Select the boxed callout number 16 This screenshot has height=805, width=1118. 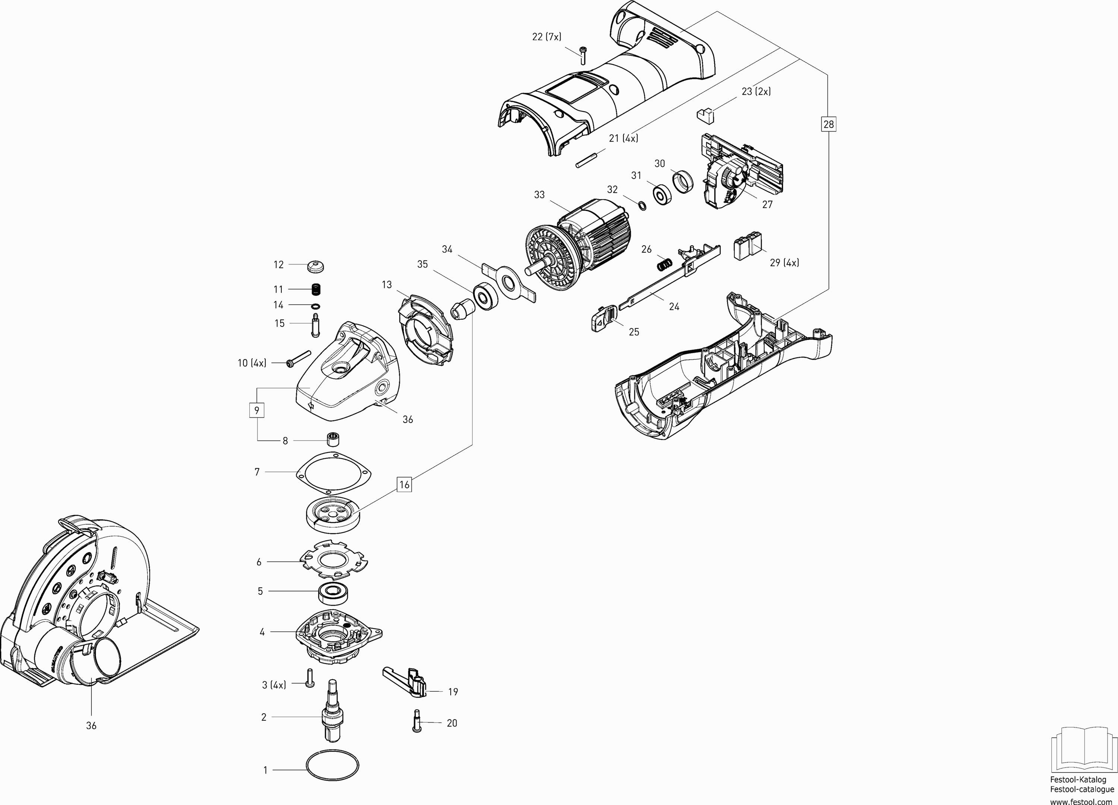pos(404,484)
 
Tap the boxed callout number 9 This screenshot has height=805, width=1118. pos(256,410)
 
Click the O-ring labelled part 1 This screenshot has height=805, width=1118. pos(333,779)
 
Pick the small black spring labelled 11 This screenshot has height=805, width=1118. pos(316,289)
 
